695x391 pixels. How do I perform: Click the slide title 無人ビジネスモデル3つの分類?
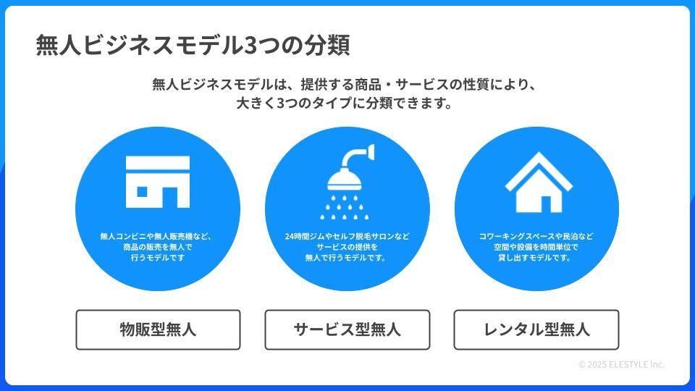point(193,46)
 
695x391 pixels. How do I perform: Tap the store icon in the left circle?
point(158,182)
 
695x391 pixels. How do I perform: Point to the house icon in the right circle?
point(537,182)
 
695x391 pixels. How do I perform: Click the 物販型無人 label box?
point(158,329)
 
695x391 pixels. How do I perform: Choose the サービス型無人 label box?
point(347,329)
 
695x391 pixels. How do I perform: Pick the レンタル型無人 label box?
point(536,329)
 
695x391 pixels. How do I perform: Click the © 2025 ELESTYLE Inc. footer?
point(620,364)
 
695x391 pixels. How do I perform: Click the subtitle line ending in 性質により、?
point(345,84)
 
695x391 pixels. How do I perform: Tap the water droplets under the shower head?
point(347,205)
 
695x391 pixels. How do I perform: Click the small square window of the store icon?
point(143,191)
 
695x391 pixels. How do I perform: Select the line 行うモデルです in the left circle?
point(158,258)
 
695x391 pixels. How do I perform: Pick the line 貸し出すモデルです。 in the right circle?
point(536,258)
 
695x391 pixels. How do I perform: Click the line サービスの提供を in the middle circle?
point(347,247)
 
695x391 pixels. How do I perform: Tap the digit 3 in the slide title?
point(251,46)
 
